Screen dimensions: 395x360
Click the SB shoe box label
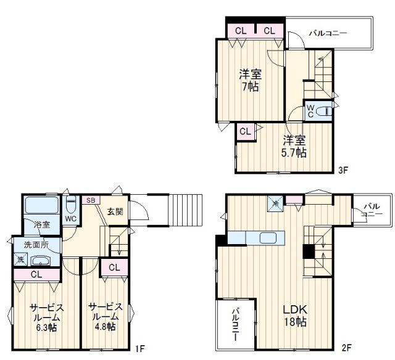point(91,200)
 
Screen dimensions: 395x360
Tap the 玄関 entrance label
point(115,211)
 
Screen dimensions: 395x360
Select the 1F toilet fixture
point(71,205)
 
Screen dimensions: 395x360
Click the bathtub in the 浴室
point(42,205)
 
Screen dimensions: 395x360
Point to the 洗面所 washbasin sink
point(41,261)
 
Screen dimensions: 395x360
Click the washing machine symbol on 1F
point(20,259)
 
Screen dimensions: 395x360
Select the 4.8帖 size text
point(105,326)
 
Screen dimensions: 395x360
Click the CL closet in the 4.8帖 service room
point(115,268)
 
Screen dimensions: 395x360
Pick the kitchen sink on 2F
point(268,238)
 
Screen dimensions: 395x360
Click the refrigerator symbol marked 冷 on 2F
point(275,203)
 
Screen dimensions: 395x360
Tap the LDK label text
point(295,309)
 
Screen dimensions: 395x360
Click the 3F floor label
point(343,170)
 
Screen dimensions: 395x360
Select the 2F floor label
point(346,348)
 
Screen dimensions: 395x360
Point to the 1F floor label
point(140,349)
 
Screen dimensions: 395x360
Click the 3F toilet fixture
point(323,111)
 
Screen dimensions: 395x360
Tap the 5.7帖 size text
point(294,152)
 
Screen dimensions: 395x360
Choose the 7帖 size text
point(250,87)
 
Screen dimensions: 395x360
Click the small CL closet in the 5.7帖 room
point(245,131)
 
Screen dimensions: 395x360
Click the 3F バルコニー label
point(328,33)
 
